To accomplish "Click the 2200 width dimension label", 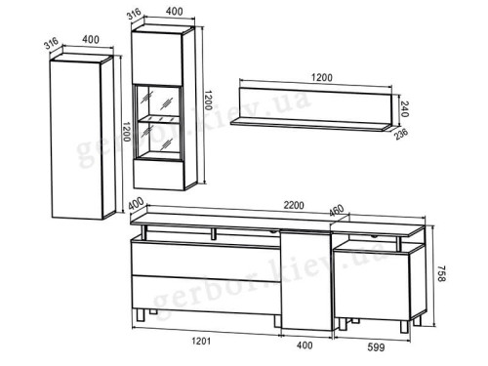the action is [x=294, y=206].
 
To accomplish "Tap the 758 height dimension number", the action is [x=441, y=273].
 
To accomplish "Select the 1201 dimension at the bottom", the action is [x=201, y=341].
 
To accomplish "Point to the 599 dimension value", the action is [x=376, y=347].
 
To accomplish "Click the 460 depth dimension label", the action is [x=336, y=211].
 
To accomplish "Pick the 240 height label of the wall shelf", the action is [x=404, y=109].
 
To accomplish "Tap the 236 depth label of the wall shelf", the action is [x=401, y=134].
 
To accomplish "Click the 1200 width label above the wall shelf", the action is [x=322, y=78].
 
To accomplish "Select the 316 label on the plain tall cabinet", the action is [x=52, y=43].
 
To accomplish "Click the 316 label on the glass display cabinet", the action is [x=134, y=14].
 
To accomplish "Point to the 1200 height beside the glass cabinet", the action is [x=208, y=100].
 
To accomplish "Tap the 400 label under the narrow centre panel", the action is [x=305, y=346].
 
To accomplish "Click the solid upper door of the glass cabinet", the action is [x=157, y=59].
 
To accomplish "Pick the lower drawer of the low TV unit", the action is [x=207, y=295].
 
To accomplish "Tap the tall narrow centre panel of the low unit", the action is [x=306, y=280].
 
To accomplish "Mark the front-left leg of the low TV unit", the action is [x=141, y=314].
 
